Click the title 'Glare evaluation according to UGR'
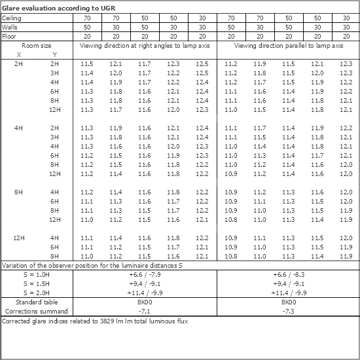pyautogui.click(x=49, y=6)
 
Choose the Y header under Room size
pyautogui.click(x=54, y=54)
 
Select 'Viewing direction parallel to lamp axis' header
pyautogui.click(x=288, y=46)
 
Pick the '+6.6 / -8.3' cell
pyautogui.click(x=288, y=275)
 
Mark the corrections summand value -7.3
pyautogui.click(x=288, y=313)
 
